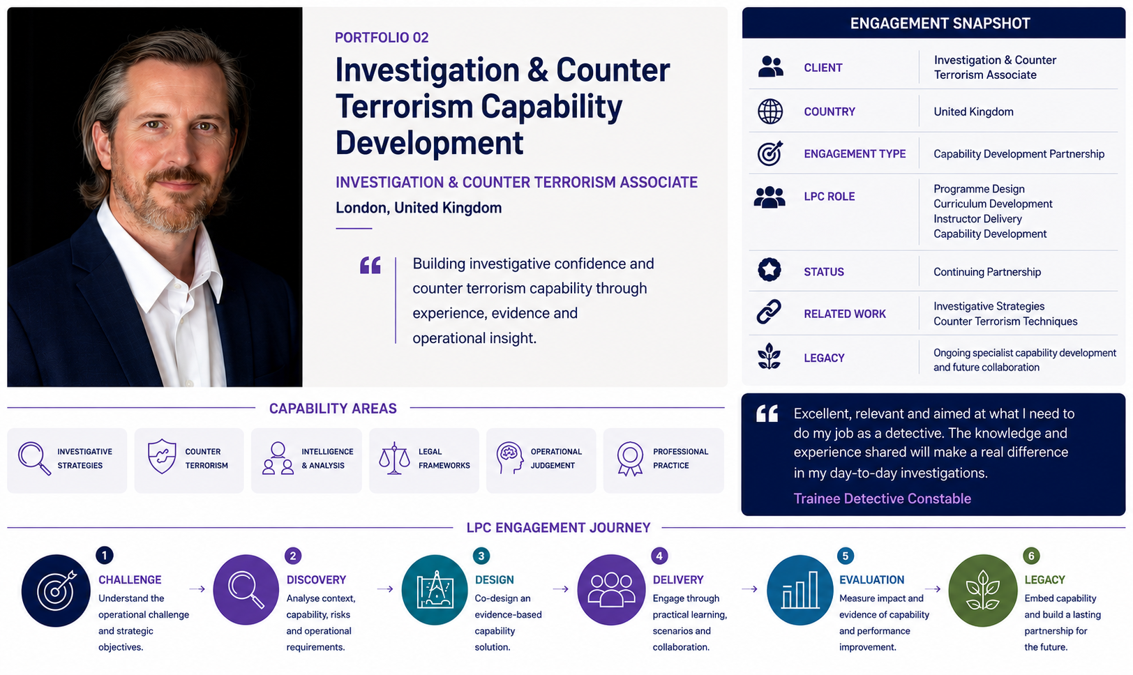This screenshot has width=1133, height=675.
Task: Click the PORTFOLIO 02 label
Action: pyautogui.click(x=382, y=38)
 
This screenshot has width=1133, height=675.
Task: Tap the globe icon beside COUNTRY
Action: pyautogui.click(x=770, y=112)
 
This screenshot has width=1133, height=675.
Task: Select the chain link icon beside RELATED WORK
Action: pyautogui.click(x=769, y=312)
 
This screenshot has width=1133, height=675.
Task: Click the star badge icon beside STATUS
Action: pyautogui.click(x=770, y=269)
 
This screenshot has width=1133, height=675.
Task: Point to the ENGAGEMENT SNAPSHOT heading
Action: pyautogui.click(x=940, y=23)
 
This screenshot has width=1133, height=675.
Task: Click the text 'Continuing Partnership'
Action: pyautogui.click(x=986, y=272)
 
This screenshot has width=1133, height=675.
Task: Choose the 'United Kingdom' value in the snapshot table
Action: pyautogui.click(x=973, y=112)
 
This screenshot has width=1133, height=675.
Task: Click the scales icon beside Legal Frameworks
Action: pyautogui.click(x=394, y=458)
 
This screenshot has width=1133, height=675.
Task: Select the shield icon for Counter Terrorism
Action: pyautogui.click(x=162, y=456)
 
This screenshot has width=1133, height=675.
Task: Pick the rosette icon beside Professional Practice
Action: pyautogui.click(x=630, y=459)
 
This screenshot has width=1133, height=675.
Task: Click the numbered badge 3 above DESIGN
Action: pyautogui.click(x=481, y=556)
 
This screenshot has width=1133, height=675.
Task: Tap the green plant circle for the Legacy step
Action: pyautogui.click(x=982, y=591)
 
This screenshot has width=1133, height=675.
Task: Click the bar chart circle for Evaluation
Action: pyautogui.click(x=800, y=590)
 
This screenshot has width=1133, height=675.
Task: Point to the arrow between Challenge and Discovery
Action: pyautogui.click(x=197, y=589)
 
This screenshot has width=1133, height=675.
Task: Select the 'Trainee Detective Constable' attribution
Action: pyautogui.click(x=882, y=499)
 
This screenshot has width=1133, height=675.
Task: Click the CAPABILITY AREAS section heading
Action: pyautogui.click(x=333, y=409)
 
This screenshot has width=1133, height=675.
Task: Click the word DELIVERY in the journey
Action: pyautogui.click(x=678, y=580)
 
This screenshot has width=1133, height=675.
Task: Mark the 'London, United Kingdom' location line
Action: pyautogui.click(x=419, y=208)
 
